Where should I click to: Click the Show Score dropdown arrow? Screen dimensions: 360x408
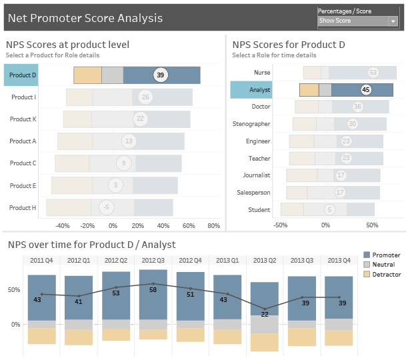click(393, 21)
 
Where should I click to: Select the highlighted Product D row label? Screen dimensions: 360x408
click(23, 75)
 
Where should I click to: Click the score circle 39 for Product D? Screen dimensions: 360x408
click(160, 75)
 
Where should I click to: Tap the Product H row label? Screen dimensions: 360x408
click(23, 208)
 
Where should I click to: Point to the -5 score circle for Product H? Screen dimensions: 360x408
click(105, 207)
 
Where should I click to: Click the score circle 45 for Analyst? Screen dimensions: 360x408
click(365, 89)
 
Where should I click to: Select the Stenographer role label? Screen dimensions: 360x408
click(251, 124)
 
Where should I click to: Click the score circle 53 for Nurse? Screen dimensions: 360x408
click(373, 72)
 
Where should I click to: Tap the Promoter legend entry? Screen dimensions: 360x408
click(386, 255)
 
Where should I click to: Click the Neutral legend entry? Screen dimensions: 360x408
click(383, 265)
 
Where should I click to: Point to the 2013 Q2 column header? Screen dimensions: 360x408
click(265, 260)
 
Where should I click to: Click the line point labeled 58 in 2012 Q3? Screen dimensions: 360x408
click(153, 284)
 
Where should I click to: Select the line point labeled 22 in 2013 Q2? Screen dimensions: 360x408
click(265, 309)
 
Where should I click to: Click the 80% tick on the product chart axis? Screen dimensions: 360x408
click(213, 225)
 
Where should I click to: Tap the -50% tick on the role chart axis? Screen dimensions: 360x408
click(281, 225)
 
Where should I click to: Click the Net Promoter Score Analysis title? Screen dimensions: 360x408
click(85, 18)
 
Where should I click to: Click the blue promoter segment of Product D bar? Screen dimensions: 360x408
click(180, 75)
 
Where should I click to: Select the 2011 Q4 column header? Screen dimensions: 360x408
click(41, 260)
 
